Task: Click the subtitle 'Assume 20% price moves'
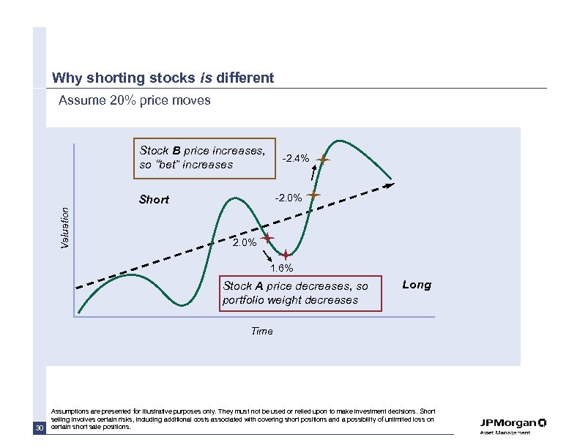[x=134, y=100]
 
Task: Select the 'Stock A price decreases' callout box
[x=301, y=293]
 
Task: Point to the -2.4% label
[x=296, y=158]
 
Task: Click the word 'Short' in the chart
[x=154, y=199]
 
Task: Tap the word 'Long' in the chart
[x=417, y=285]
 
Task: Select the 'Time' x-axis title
[x=261, y=331]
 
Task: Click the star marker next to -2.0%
[x=314, y=195]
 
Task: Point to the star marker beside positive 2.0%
[x=268, y=238]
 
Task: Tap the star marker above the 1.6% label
[x=285, y=254]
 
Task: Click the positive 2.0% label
[x=244, y=242]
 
